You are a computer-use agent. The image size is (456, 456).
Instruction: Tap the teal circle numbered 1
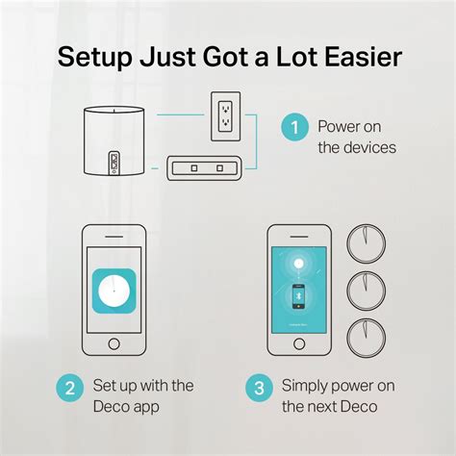(x=292, y=126)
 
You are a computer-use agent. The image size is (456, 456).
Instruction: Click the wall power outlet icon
(x=223, y=116)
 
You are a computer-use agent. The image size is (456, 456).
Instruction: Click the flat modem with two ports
(x=208, y=169)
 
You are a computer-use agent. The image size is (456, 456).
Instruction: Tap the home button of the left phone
(x=115, y=342)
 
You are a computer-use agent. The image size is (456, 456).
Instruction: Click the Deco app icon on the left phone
(x=115, y=286)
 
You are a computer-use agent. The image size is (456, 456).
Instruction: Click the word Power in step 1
(x=339, y=127)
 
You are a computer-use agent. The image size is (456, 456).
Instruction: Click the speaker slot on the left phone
(x=115, y=238)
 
